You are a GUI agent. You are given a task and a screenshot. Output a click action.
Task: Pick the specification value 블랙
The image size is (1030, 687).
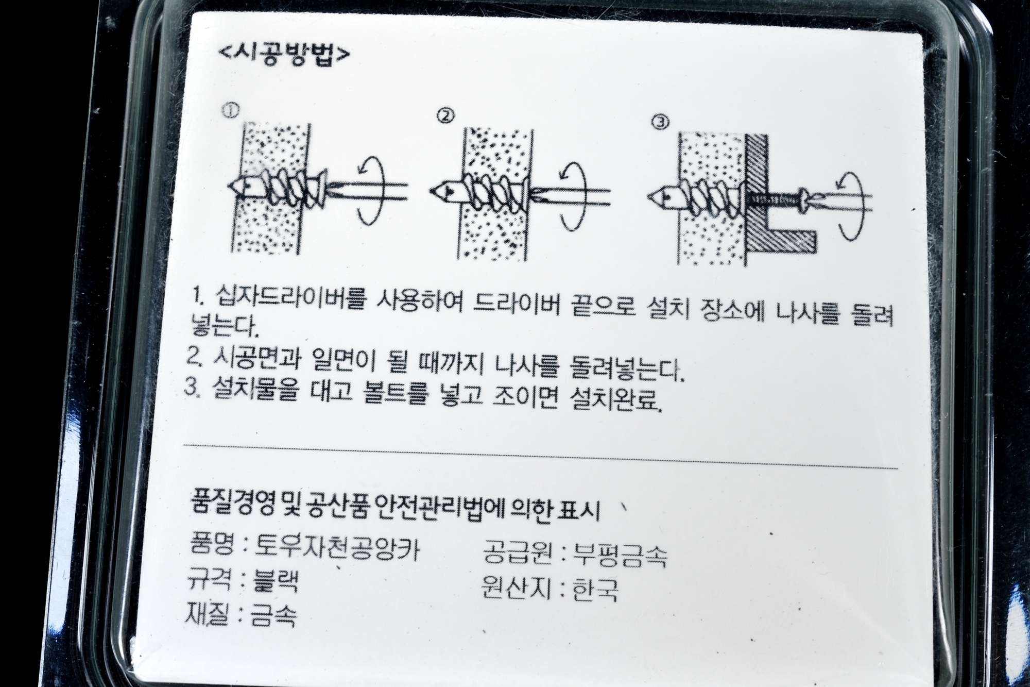click(x=273, y=582)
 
